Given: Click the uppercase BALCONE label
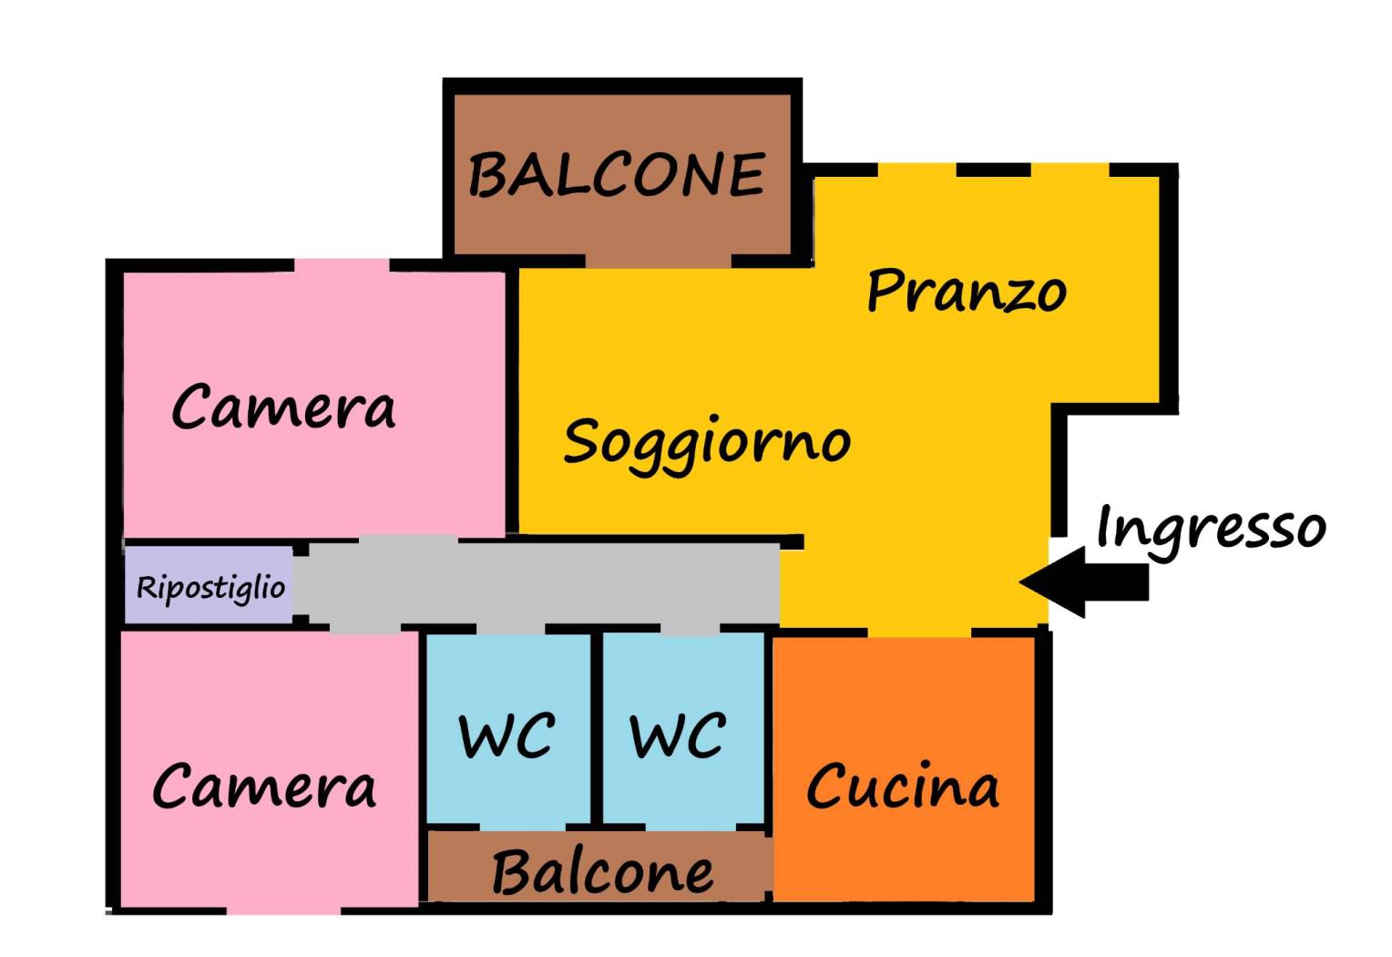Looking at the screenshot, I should [616, 175].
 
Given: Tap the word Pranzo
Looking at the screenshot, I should [966, 292].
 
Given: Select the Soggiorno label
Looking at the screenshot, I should [707, 442].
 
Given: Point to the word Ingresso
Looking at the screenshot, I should [1211, 528].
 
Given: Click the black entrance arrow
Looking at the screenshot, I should [1084, 582].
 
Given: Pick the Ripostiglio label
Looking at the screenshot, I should [210, 588].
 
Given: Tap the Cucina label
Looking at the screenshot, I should [903, 786].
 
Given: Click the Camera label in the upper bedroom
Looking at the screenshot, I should [283, 406].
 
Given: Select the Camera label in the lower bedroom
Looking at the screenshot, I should [263, 786].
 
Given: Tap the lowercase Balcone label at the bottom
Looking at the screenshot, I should [602, 872].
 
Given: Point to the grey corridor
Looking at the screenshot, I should [547, 585].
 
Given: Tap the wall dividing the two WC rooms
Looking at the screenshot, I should [597, 729].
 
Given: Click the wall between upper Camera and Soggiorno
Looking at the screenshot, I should [512, 401].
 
